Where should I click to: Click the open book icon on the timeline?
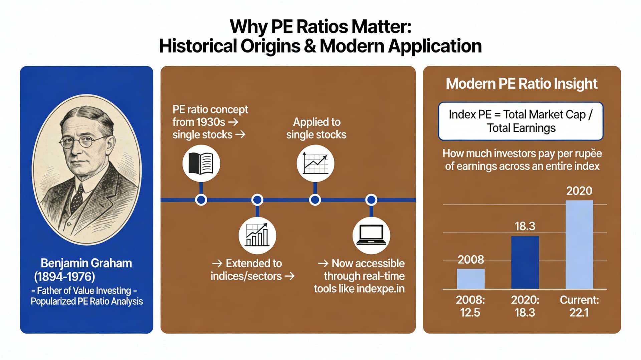coord(201,163)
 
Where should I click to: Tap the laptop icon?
coord(371,235)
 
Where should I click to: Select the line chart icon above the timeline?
coord(315,163)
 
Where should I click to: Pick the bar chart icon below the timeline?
coord(257,235)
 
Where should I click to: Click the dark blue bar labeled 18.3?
coord(525,262)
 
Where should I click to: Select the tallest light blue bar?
coord(579,244)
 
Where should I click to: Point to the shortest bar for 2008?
coord(470,279)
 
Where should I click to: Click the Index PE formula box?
coord(520,121)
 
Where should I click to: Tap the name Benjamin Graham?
coord(86,263)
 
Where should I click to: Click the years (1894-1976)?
coord(64,277)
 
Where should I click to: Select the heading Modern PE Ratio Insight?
coord(521,84)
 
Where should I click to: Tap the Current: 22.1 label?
coord(579,306)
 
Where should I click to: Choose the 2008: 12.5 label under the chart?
coord(470,306)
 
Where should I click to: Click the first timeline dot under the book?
coord(201,200)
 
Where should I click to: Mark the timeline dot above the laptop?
coord(371,200)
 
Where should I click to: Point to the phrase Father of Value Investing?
coord(84,291)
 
